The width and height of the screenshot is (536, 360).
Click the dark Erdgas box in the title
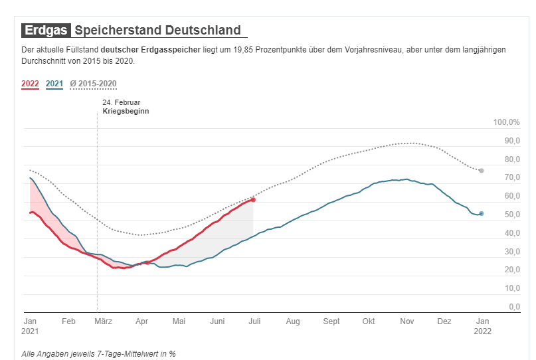click(x=46, y=30)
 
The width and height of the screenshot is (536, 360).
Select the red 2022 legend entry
click(x=30, y=84)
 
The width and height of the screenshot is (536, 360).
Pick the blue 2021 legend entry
click(x=54, y=84)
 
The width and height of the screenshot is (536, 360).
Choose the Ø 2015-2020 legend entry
click(x=94, y=84)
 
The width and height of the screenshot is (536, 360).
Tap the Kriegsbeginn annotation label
click(x=126, y=112)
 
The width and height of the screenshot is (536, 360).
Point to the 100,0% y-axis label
click(x=506, y=123)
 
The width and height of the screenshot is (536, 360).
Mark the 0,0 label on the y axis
click(x=515, y=307)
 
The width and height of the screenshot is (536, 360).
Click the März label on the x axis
click(x=104, y=321)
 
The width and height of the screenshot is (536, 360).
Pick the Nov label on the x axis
click(x=406, y=321)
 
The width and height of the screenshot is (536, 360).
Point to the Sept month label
click(x=331, y=321)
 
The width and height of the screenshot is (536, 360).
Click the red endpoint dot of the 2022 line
click(x=253, y=200)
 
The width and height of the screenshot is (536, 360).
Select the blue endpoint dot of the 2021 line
click(x=482, y=213)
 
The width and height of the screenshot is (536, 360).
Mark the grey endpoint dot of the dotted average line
click(x=482, y=171)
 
